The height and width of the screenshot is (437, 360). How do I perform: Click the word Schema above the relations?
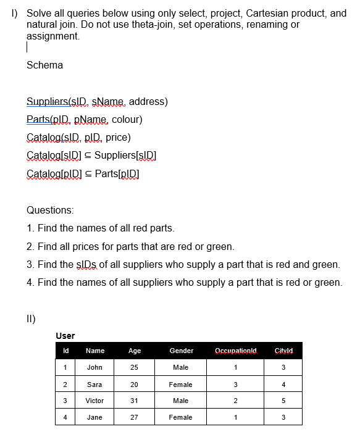point(44,65)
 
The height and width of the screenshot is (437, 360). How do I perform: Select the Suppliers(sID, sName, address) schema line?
point(97,102)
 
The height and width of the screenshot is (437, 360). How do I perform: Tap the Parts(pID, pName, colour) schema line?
point(85,120)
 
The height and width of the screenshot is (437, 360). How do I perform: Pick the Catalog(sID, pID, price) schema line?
point(78,138)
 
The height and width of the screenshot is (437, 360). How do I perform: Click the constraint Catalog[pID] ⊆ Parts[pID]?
point(83,173)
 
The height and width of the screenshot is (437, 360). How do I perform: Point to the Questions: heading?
point(50,210)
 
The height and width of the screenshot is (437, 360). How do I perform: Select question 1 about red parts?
point(101,228)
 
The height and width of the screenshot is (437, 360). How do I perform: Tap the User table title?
point(65,336)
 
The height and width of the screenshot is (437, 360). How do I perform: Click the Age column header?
point(134,351)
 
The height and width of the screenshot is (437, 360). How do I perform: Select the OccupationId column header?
point(235,351)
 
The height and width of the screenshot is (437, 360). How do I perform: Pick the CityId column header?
point(283,351)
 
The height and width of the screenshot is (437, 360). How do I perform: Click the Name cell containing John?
point(94,367)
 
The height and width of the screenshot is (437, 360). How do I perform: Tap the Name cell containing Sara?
point(94,385)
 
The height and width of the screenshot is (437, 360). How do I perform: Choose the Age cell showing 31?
point(134,401)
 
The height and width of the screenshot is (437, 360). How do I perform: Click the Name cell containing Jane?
point(94,417)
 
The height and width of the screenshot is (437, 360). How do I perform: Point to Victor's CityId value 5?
point(283,401)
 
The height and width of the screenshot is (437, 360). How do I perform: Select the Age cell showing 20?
point(134,385)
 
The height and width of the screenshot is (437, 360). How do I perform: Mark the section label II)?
point(31,319)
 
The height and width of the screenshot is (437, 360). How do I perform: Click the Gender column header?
point(182,351)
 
